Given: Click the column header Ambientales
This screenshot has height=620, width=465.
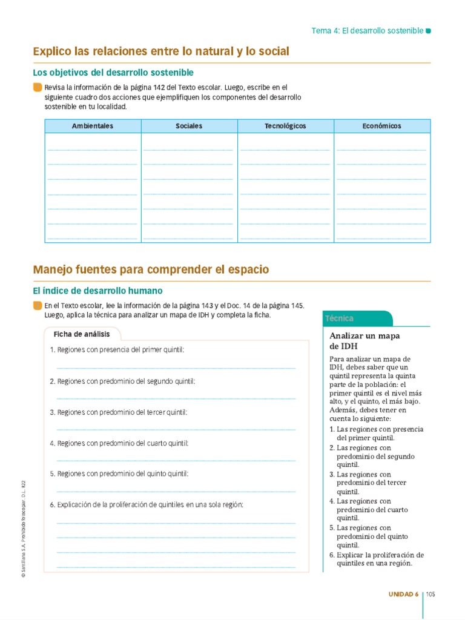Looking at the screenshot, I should coord(93,126).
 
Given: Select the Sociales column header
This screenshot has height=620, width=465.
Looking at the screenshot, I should coord(189,126).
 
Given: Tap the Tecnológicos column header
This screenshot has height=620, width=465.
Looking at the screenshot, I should coord(285,126).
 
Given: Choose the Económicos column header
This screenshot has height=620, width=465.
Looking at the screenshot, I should coord(381,126).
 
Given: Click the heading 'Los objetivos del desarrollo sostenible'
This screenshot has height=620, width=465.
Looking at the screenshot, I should coord(113,73).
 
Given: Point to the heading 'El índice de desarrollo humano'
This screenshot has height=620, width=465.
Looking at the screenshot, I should coord(97,291).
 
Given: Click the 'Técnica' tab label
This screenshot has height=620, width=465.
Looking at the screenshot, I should coord(339,318).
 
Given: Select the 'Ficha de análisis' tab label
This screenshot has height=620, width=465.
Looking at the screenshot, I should coord(82,334).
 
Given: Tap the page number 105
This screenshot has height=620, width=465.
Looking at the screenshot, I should coord(430,594).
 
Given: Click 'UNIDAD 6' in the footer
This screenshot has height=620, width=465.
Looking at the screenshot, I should coord(403,594).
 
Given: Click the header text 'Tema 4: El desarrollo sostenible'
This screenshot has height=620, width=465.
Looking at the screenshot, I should coord(367,30).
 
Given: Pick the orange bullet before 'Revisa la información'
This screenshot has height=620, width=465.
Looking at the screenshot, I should coord(38,88).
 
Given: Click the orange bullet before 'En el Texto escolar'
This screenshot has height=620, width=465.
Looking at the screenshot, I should coord(38,306).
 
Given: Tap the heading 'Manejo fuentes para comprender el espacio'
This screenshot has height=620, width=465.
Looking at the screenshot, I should coord(151,269).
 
